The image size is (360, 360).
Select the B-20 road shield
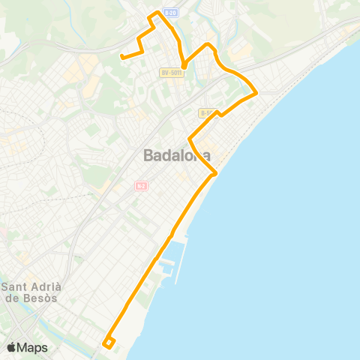170,13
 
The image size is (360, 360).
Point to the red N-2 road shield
141,186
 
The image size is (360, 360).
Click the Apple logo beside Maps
12,347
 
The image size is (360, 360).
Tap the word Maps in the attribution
33,347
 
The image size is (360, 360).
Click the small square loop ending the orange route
109,343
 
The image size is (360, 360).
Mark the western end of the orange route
121,55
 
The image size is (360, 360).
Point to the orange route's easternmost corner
257,93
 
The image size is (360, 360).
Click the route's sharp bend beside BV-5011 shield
184,67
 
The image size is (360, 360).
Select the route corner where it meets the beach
216,173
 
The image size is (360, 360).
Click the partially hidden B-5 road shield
205,112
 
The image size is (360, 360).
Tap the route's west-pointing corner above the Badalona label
189,139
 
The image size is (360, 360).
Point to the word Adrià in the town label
49,286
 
